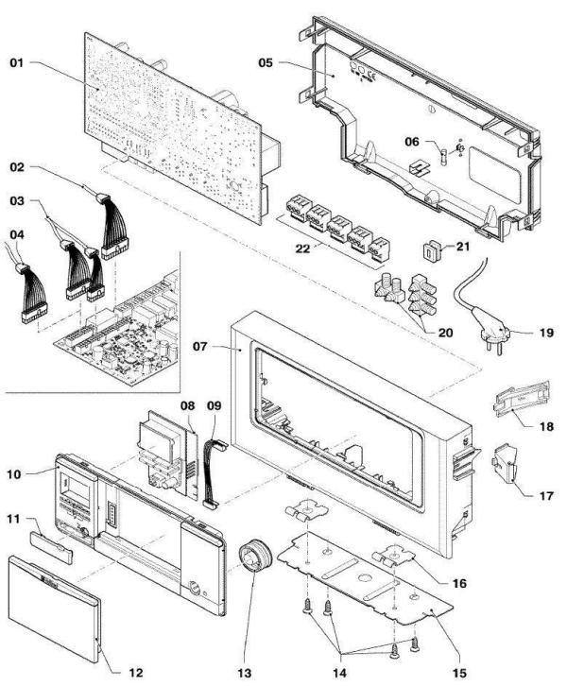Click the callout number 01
pos(17,63)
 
